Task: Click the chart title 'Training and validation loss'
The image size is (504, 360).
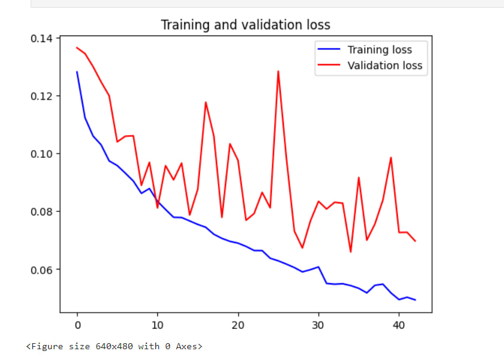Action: tap(245, 25)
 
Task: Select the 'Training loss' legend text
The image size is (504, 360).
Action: tap(379, 49)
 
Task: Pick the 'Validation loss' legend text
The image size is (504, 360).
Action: tap(385, 65)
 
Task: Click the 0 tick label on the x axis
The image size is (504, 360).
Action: tap(77, 325)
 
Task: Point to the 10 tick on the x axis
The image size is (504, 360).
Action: tap(157, 325)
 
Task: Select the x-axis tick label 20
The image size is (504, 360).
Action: tap(238, 325)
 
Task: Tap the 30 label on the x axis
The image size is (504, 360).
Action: tap(319, 325)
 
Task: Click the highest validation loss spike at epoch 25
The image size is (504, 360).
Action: tap(278, 71)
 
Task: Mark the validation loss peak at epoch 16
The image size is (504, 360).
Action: tap(206, 102)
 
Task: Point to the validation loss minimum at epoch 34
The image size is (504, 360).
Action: tap(351, 251)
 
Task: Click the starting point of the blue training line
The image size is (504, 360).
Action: tap(77, 72)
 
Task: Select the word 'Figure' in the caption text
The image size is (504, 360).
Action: tap(46, 346)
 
